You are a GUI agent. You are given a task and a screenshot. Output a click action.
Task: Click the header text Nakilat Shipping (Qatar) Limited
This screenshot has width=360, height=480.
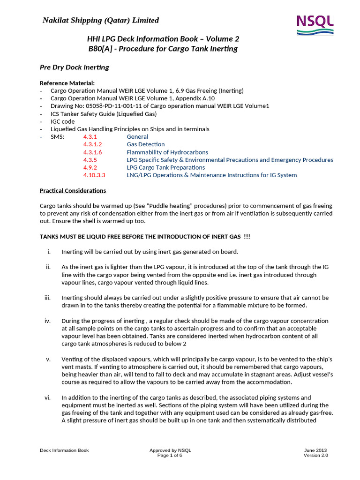101,20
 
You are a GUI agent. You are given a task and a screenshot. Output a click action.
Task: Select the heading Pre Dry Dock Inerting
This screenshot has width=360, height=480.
75,67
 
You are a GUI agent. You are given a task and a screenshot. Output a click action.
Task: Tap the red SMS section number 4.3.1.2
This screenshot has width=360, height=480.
92,144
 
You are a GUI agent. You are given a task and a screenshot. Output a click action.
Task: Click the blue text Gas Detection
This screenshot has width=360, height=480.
145,144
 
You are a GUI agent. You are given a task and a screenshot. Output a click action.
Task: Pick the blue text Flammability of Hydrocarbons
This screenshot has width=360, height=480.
167,152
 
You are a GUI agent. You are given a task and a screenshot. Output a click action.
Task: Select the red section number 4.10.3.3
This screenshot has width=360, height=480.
94,175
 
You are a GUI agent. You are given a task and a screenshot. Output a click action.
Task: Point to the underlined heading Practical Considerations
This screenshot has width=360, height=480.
73,190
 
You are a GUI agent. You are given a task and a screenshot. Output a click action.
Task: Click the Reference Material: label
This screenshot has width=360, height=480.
67,83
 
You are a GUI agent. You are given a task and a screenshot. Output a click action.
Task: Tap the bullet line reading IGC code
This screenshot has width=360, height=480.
62,121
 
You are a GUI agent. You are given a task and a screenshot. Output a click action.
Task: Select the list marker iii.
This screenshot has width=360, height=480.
47,298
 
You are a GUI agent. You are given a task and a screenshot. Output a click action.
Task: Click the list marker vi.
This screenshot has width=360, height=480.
47,397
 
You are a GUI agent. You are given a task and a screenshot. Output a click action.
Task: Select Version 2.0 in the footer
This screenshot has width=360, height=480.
315,456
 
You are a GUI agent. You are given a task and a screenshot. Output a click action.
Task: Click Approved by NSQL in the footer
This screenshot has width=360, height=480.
170,450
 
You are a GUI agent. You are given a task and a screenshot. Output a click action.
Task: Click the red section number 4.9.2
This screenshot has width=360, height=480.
90,167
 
